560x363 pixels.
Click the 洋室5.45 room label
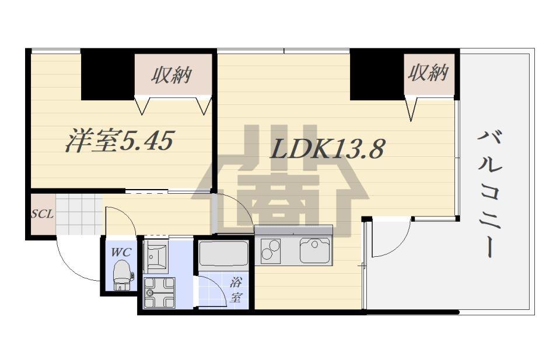coord(120,141)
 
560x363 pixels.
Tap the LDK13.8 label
coord(327,148)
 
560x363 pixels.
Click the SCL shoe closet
coord(43,214)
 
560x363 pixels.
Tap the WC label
coord(121,252)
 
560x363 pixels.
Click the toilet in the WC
coord(122,274)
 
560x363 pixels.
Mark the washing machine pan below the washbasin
coord(159,292)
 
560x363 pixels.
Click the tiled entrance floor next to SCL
coord(79,214)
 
